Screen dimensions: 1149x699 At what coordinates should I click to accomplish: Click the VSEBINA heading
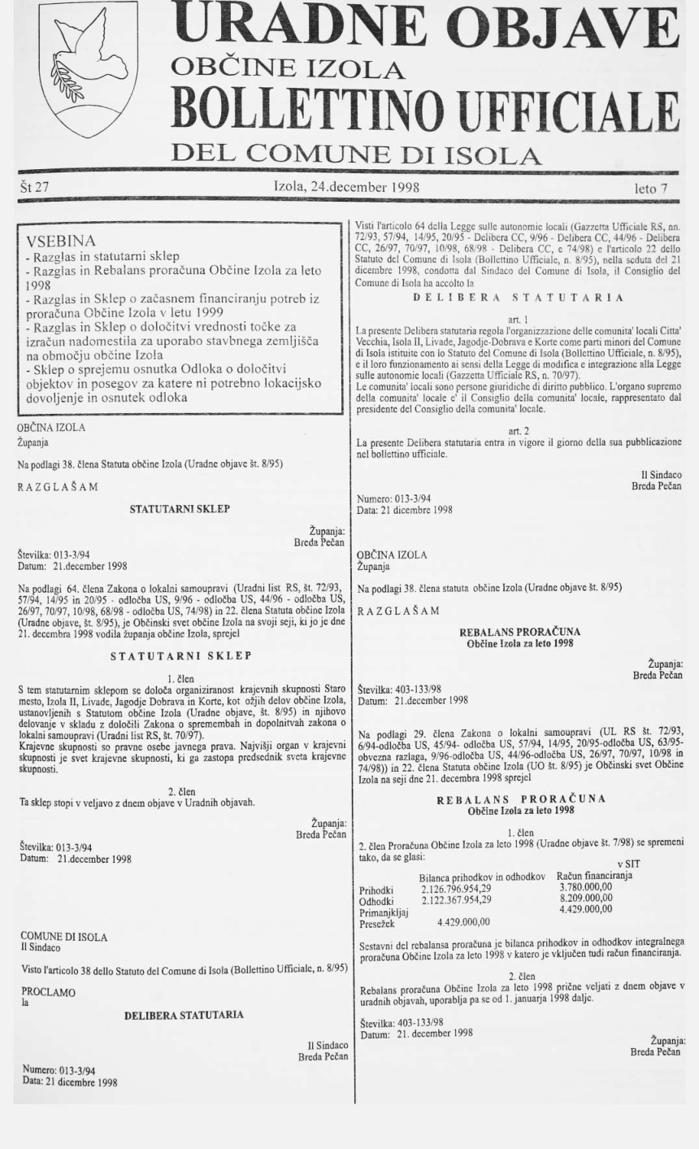[62, 242]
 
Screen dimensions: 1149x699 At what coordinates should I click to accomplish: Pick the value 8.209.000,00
[584, 899]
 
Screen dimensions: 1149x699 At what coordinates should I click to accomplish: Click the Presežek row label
[376, 922]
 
